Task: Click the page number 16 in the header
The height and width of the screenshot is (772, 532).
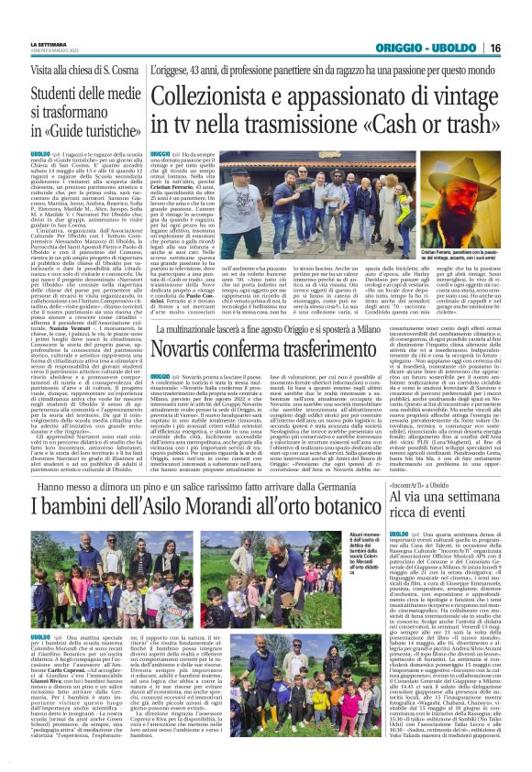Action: (520, 47)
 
